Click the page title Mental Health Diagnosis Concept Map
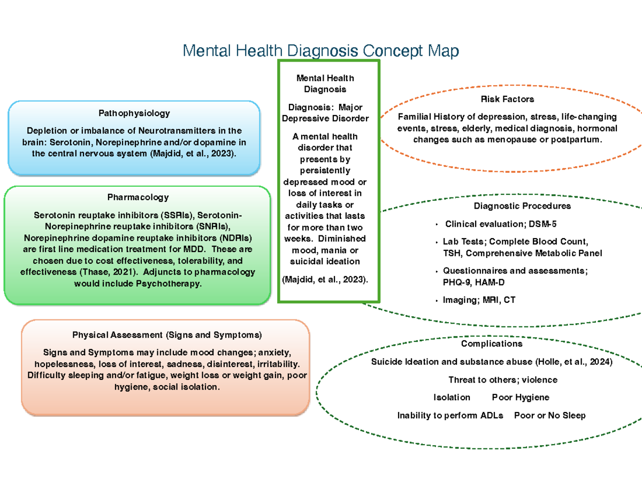[x=321, y=51]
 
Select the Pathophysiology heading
[x=134, y=113]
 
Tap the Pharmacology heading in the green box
[x=137, y=197]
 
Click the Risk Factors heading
[x=507, y=99]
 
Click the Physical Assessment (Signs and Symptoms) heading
[x=167, y=335]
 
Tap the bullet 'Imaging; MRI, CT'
[x=479, y=300]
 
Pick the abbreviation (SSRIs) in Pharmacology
[x=174, y=216]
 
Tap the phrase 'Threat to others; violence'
[x=503, y=380]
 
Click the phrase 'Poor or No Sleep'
[x=549, y=416]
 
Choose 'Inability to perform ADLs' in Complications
[x=450, y=416]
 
